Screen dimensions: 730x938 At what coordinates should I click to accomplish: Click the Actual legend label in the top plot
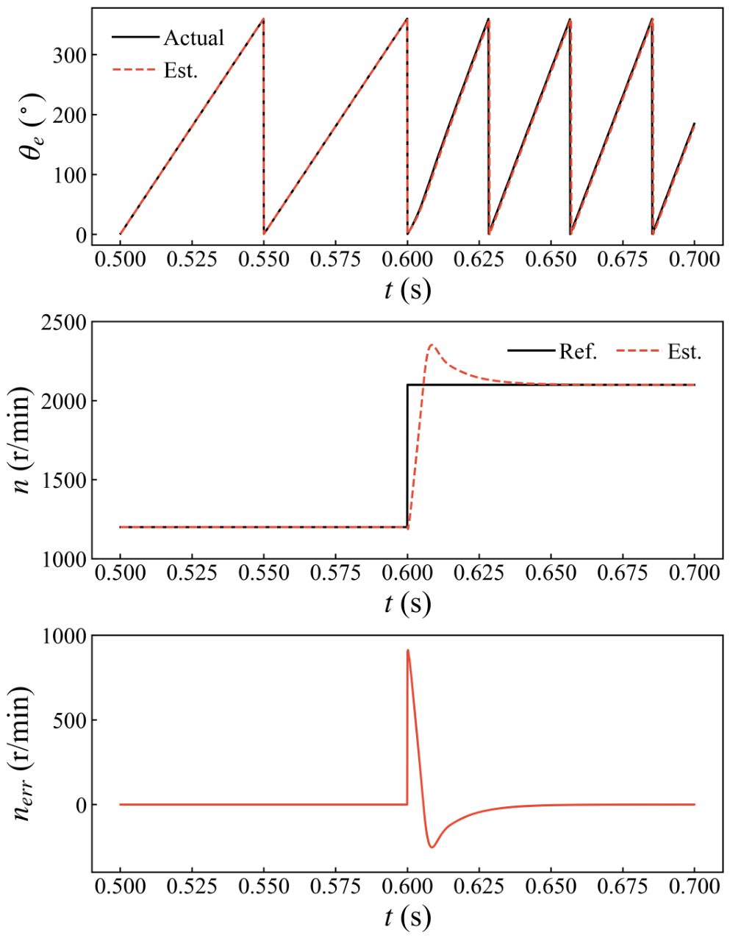193,38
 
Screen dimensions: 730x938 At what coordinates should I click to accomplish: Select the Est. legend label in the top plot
181,71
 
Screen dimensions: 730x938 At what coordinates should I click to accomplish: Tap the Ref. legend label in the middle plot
579,352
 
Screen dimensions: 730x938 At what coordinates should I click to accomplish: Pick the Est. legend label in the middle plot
684,352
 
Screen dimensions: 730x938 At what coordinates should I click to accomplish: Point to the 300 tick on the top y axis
68,55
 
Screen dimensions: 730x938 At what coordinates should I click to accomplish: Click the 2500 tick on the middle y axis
63,322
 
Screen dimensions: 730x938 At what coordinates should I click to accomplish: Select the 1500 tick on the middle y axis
63,480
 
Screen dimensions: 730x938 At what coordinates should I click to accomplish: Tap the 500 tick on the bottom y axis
68,720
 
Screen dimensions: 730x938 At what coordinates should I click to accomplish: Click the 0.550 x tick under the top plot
263,260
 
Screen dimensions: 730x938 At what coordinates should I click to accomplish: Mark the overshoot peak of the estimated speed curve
432,344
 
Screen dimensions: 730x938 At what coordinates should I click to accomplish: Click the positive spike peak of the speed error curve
408,650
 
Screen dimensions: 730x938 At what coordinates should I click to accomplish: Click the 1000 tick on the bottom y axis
63,636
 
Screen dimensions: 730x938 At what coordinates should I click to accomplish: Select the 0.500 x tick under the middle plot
120,574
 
